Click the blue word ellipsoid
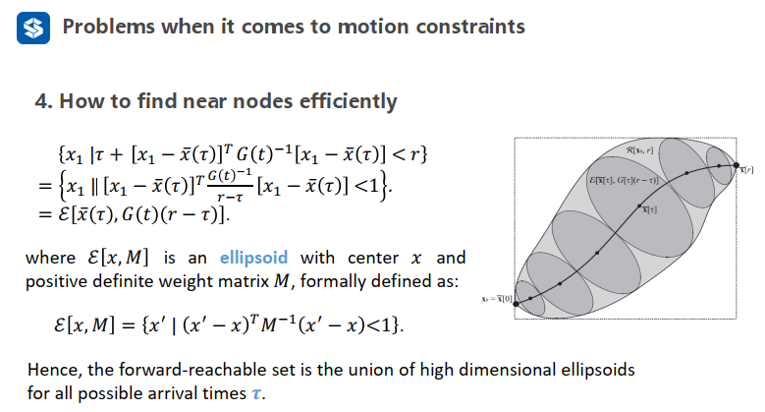tap(248, 258)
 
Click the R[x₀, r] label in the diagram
tap(643, 149)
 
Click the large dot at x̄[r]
tap(737, 168)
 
